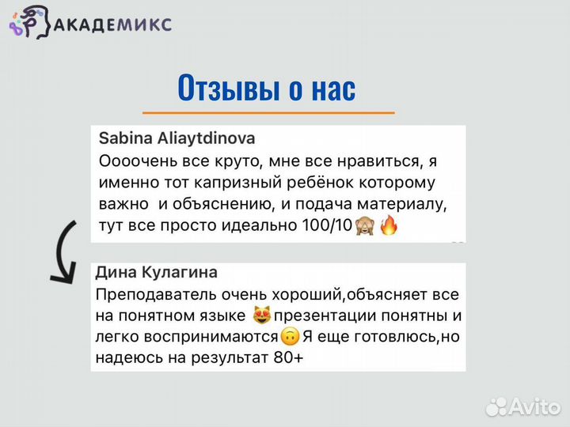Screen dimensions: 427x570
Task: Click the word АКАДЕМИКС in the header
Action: [112, 24]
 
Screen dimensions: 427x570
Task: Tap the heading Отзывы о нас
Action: [267, 88]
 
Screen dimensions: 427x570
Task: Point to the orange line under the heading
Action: [268, 113]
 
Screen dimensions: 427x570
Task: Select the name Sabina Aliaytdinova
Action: [177, 138]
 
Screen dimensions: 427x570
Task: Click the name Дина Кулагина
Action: [156, 272]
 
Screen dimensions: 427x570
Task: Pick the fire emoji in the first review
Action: [389, 227]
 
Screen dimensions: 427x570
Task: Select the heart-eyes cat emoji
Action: [262, 316]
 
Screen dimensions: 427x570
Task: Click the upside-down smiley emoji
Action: [290, 338]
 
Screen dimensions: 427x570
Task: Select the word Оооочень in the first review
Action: [133, 161]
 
